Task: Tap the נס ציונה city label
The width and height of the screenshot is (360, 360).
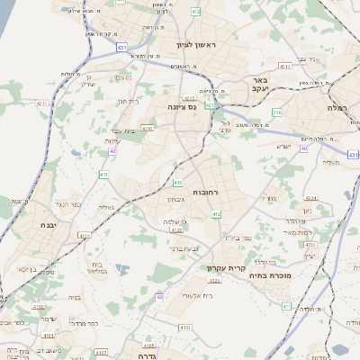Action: coord(183,106)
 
